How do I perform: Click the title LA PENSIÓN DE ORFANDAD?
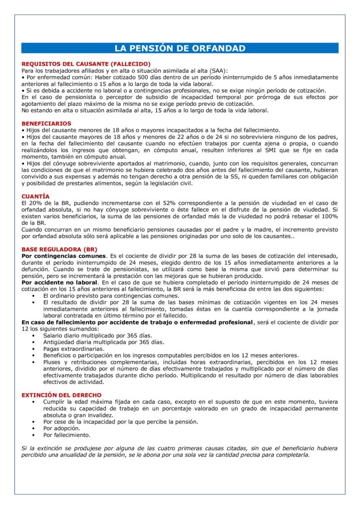click(180, 48)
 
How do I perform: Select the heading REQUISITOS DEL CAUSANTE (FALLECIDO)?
click(86, 64)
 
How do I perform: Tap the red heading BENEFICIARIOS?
click(46, 123)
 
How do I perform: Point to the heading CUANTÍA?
click(36, 196)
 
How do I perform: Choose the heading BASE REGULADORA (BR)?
click(59, 249)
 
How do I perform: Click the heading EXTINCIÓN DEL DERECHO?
click(62, 395)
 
